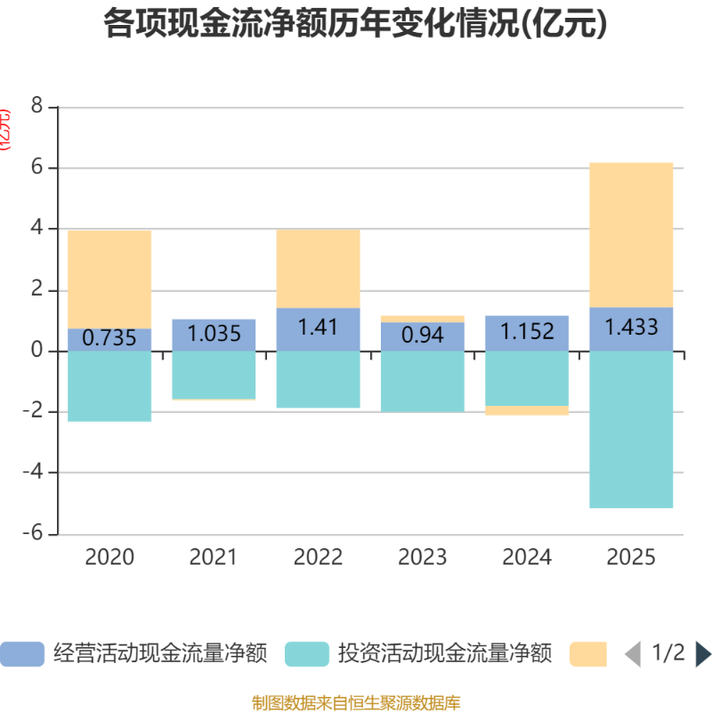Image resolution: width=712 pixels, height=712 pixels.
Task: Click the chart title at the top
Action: pos(356,24)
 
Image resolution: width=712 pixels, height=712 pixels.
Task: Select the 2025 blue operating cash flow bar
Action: pos(631,328)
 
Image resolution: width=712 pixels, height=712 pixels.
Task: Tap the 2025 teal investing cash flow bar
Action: pos(631,430)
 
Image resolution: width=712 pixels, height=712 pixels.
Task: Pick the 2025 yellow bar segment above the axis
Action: pos(631,234)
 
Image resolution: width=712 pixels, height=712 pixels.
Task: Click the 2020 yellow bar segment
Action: pos(109,279)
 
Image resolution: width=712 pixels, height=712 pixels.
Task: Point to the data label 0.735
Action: pos(109,338)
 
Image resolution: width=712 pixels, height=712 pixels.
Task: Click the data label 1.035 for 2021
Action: pos(214,335)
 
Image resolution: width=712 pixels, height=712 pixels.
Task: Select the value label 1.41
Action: pos(318,327)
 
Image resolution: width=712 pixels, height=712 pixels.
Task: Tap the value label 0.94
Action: pos(422,336)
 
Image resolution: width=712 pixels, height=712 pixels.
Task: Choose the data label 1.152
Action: pos(526,333)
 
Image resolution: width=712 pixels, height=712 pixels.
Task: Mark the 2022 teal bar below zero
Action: pos(318,380)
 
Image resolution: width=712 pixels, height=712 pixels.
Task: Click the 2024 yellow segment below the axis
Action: pos(526,411)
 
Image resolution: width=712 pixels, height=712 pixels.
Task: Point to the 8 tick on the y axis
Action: pos(36,107)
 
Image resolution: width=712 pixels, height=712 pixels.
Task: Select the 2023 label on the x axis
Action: pos(422,558)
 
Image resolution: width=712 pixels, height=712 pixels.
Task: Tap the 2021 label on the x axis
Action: pos(214,558)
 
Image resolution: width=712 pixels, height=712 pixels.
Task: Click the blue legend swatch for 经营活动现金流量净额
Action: pos(22,654)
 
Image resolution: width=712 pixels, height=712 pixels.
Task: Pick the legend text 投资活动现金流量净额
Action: pos(444,654)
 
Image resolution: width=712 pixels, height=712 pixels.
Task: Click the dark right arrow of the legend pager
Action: pos(702,654)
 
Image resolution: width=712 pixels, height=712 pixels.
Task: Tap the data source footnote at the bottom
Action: pos(356,703)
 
